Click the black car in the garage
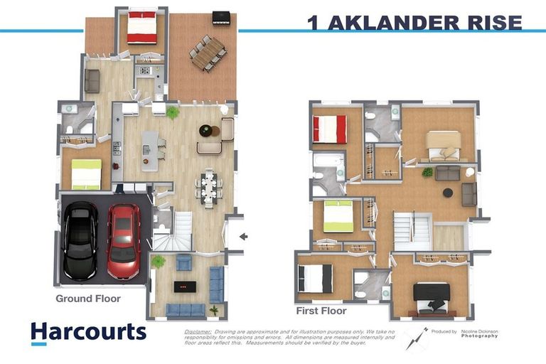pyautogui.click(x=80, y=241)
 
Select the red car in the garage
pyautogui.click(x=124, y=240)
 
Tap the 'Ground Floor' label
pyautogui.click(x=88, y=299)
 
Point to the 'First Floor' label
pyautogui.click(x=321, y=311)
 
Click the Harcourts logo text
pyautogui.click(x=88, y=331)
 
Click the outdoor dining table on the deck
pyautogui.click(x=208, y=53)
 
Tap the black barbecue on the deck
pyautogui.click(x=221, y=17)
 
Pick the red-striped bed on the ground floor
pyautogui.click(x=142, y=28)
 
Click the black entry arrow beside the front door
pyautogui.click(x=243, y=237)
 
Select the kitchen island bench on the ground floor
pyautogui.click(x=149, y=150)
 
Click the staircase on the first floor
pyautogui.click(x=412, y=231)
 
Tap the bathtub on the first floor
pyautogui.click(x=328, y=168)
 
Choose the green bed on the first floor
pyautogui.click(x=338, y=216)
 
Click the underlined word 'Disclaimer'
pyautogui.click(x=198, y=331)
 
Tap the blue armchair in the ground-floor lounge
pyautogui.click(x=183, y=263)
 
